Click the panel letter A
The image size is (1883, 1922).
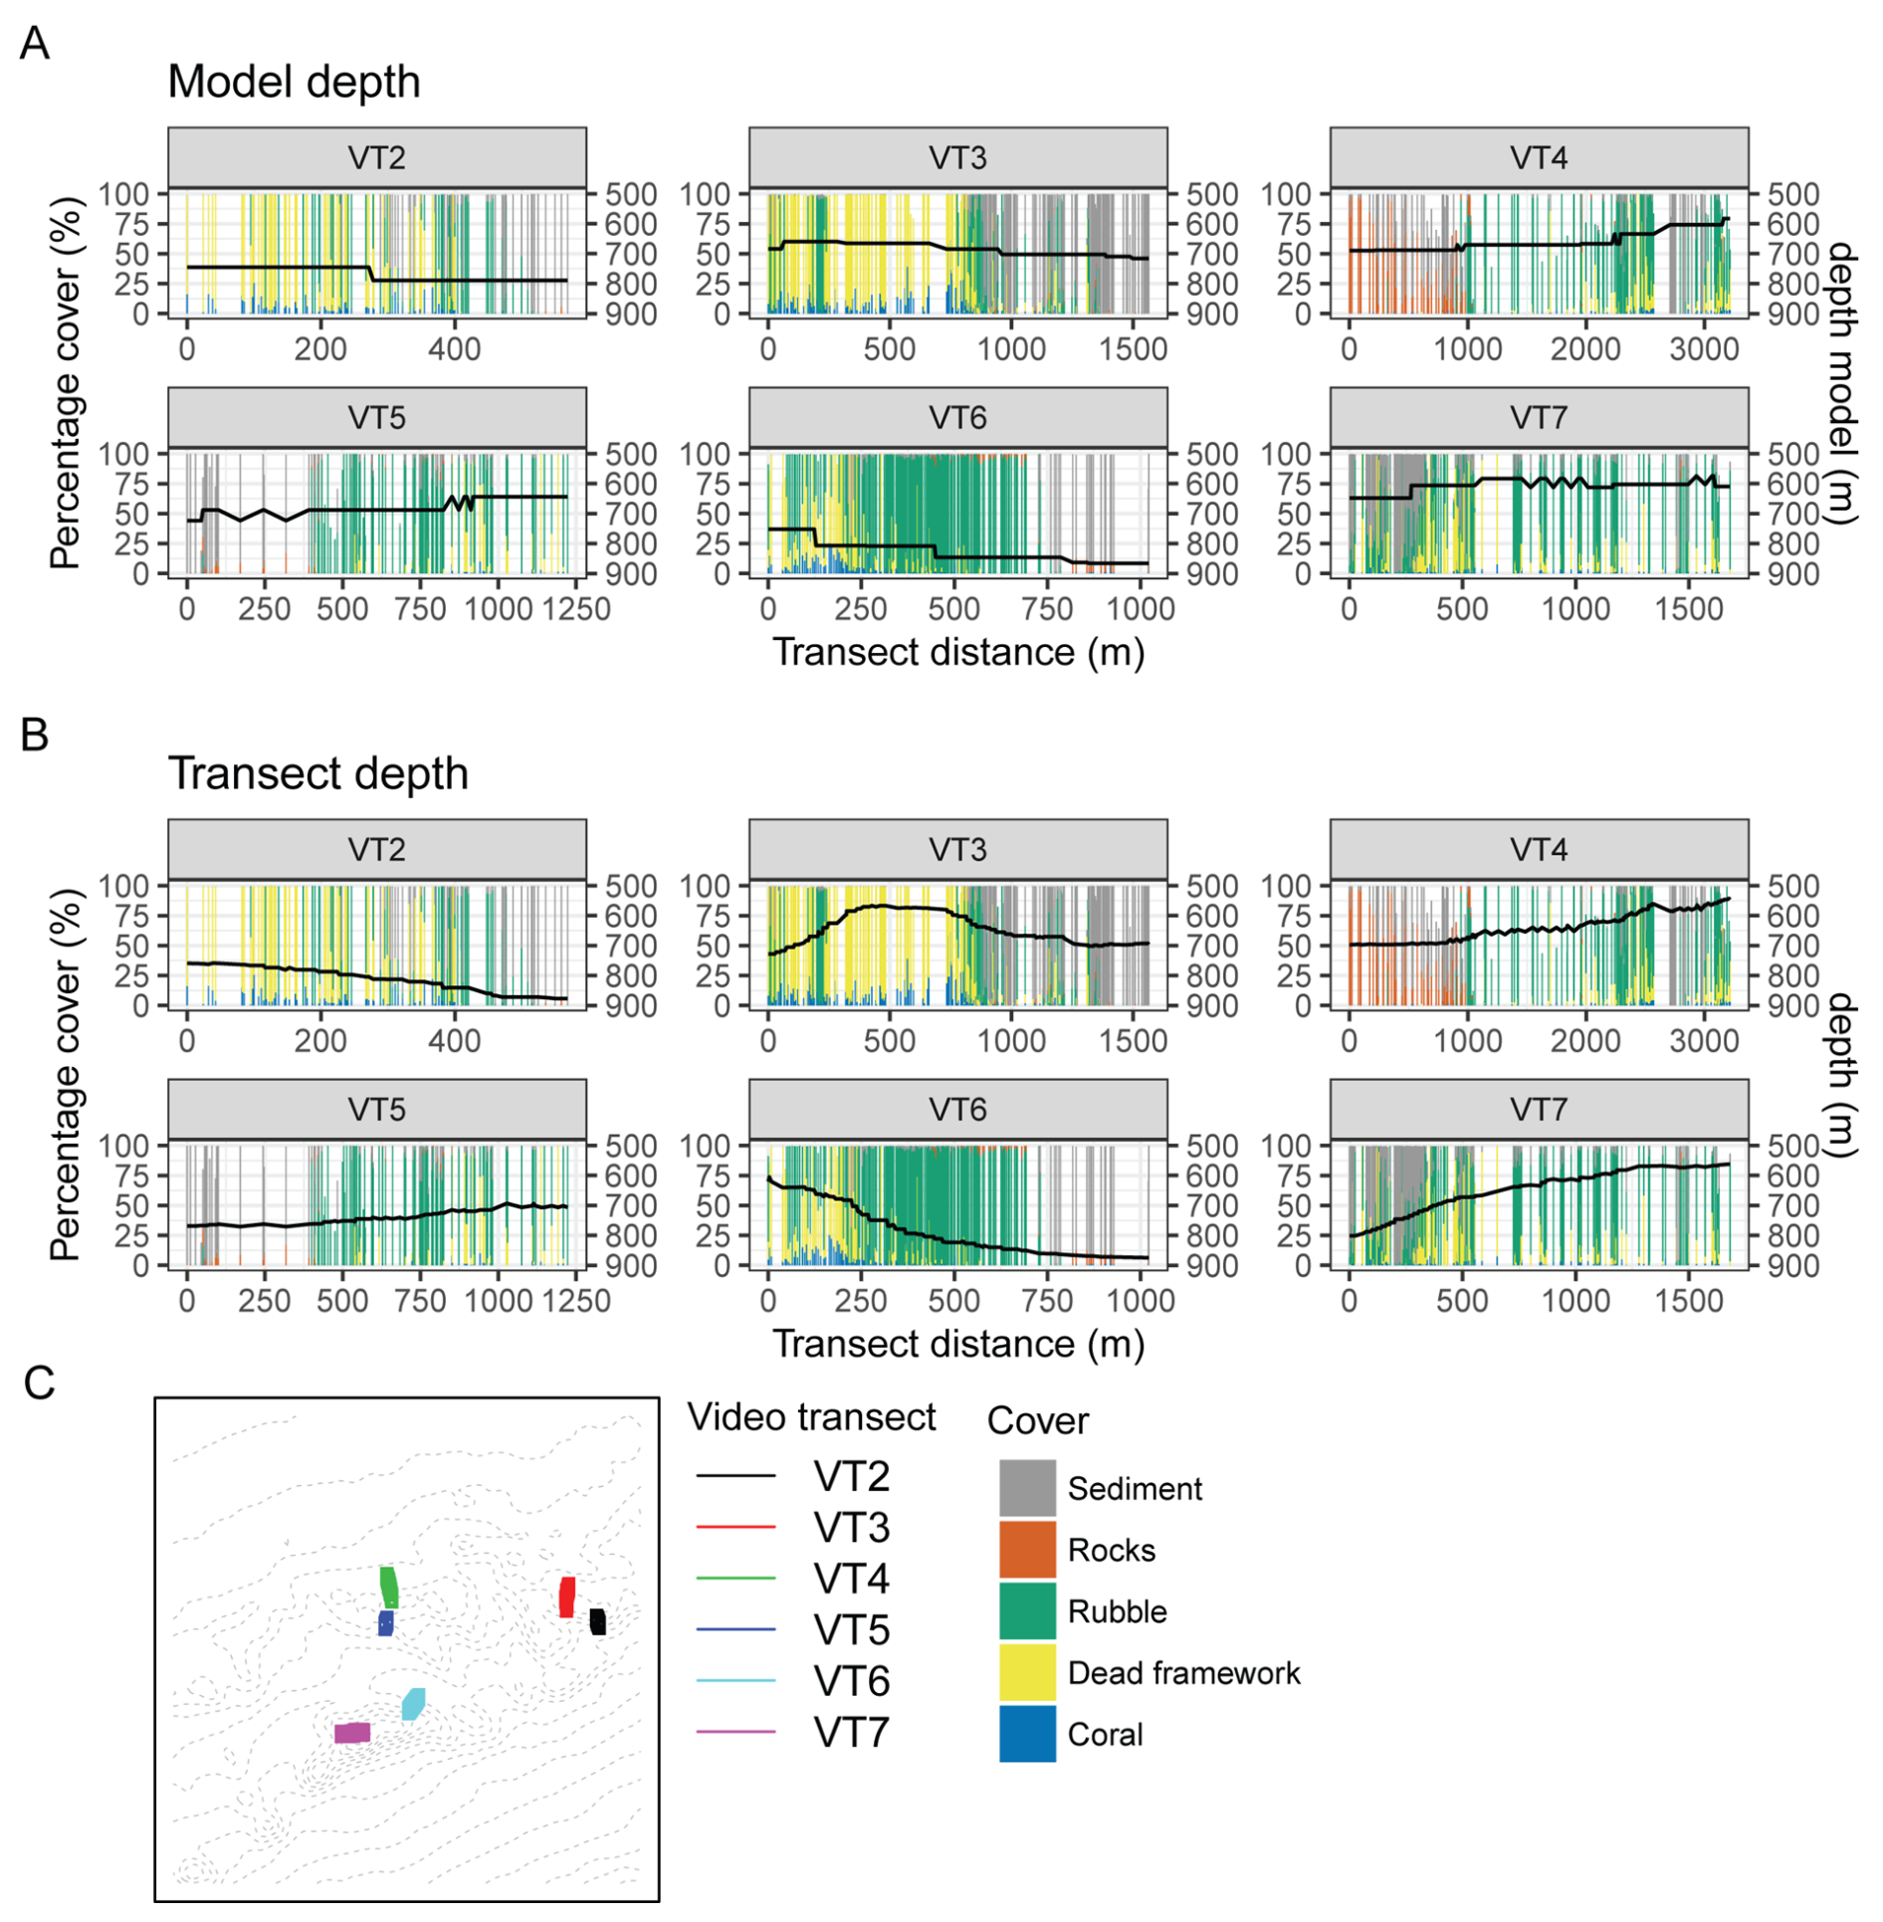(35, 44)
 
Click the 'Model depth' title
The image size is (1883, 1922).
(294, 82)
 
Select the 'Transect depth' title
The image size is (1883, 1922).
(317, 773)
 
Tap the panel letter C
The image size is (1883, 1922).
(39, 1383)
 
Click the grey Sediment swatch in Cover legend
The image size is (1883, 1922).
(1027, 1488)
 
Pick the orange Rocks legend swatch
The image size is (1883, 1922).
(1027, 1550)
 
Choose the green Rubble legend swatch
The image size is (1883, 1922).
(1027, 1611)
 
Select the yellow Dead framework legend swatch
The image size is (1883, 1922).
(1027, 1673)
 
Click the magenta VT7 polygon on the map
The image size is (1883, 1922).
(352, 1733)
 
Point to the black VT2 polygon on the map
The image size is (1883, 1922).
(597, 1621)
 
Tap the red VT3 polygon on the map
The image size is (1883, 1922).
(567, 1597)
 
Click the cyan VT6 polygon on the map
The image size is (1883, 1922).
(413, 1704)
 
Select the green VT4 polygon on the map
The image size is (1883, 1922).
(389, 1588)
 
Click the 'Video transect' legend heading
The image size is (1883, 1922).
(811, 1417)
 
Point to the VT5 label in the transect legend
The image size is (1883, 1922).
(851, 1630)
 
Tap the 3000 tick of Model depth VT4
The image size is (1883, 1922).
(1704, 349)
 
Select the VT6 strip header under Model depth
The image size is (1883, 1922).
(957, 418)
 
